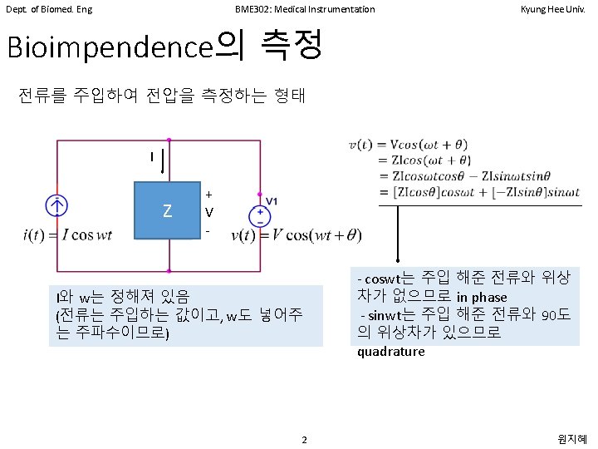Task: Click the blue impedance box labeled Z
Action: pos(169,211)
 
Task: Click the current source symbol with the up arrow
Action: pos(56,205)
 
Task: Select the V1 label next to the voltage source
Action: pos(272,200)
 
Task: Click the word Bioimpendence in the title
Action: pos(110,48)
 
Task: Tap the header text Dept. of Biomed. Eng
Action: pos(49,9)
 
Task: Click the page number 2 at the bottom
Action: pos(305,439)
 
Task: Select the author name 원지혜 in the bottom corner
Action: pos(574,438)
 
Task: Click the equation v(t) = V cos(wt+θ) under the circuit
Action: pos(297,234)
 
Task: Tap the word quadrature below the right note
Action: pos(391,351)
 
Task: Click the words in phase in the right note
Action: pos(482,297)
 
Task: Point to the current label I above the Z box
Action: pos(152,157)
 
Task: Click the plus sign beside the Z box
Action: pos(208,194)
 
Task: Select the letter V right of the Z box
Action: pos(209,211)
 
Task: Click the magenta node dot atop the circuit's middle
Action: pos(169,140)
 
